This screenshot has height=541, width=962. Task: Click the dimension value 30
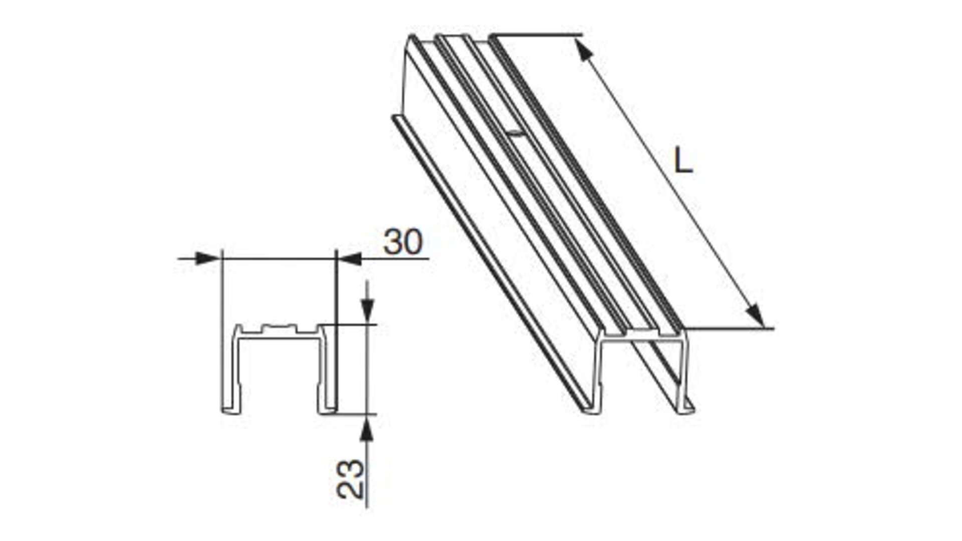point(403,242)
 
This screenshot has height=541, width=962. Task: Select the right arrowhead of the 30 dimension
point(349,258)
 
